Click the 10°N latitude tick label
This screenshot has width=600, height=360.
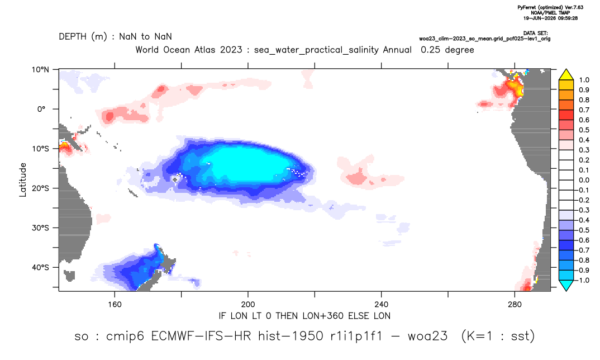click(x=41, y=70)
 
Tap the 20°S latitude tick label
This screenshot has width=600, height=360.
click(x=41, y=188)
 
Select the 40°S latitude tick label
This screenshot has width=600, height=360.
click(x=41, y=267)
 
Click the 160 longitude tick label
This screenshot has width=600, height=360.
click(x=115, y=305)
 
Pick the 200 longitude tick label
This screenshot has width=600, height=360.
click(x=248, y=305)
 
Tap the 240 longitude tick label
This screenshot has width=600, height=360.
click(x=382, y=305)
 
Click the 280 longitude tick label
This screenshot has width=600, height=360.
click(x=515, y=305)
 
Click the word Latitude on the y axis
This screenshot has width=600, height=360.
click(x=23, y=180)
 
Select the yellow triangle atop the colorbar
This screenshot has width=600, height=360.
click(x=566, y=75)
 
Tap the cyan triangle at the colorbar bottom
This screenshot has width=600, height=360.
click(x=566, y=285)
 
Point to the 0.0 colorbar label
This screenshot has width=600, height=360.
click(x=584, y=180)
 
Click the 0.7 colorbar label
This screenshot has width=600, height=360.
click(x=584, y=110)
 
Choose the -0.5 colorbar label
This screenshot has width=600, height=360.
click(x=582, y=230)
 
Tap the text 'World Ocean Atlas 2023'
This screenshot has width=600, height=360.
click(x=189, y=50)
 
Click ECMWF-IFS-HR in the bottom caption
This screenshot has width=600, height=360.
click(x=201, y=336)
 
